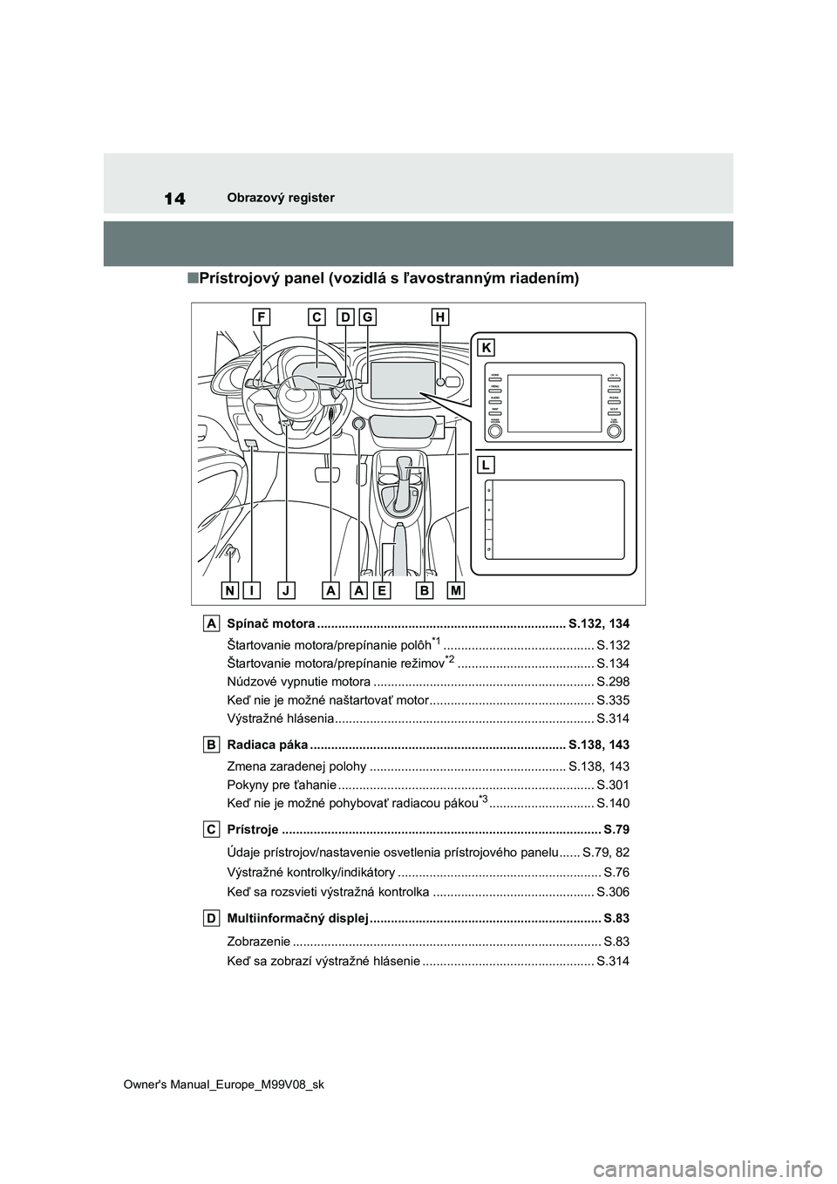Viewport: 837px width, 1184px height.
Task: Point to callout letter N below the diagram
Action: [230, 590]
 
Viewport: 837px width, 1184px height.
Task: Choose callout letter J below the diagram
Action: [286, 590]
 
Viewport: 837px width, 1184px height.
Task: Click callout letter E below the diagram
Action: [381, 590]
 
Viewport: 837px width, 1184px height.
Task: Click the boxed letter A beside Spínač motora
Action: [212, 623]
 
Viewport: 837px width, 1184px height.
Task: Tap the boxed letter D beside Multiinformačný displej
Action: [212, 917]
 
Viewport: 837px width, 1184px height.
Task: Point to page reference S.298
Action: [613, 681]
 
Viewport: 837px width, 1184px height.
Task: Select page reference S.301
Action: [613, 784]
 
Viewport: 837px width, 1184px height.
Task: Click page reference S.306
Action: [613, 892]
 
